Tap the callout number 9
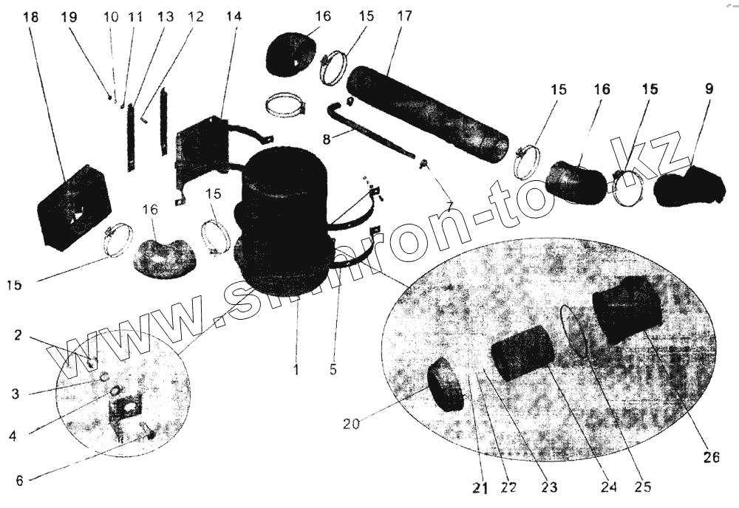[709, 89]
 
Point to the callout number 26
[711, 456]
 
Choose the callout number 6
[19, 479]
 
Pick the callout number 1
[296, 369]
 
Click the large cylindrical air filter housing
[285, 222]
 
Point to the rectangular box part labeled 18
[74, 207]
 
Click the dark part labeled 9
[687, 185]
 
